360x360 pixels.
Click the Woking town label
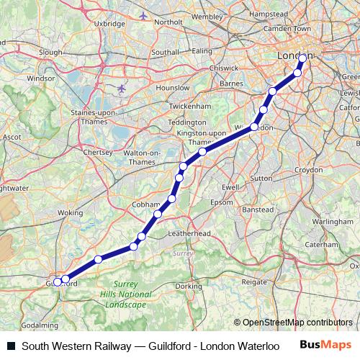pyautogui.click(x=70, y=213)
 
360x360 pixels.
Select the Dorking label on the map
pyautogui.click(x=189, y=286)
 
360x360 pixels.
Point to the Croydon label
pyautogui.click(x=310, y=170)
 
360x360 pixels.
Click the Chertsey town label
pyautogui.click(x=99, y=153)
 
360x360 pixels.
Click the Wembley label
pyautogui.click(x=207, y=14)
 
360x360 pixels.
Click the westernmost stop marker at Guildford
pyautogui.click(x=57, y=282)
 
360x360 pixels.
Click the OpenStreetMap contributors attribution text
pyautogui.click(x=293, y=322)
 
